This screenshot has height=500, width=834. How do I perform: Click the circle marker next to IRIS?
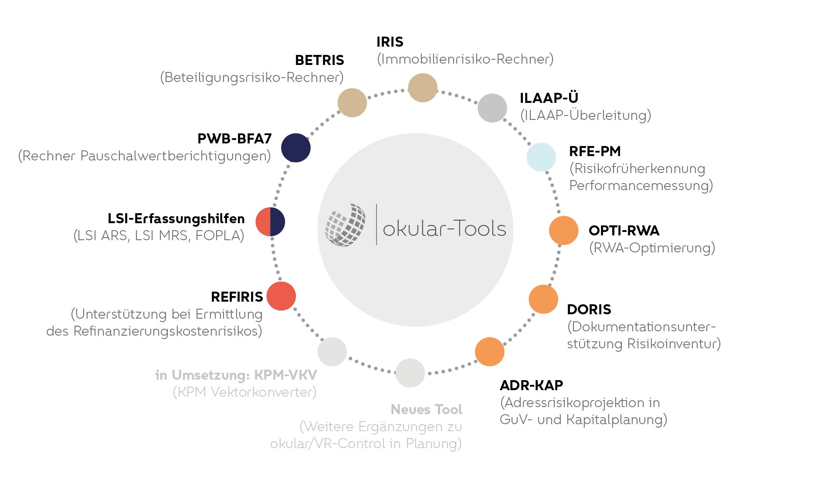pos(422,88)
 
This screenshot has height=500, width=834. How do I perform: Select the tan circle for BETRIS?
pos(352,103)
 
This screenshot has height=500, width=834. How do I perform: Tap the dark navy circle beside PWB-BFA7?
pos(295,148)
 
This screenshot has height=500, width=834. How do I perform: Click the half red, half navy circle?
pos(270,222)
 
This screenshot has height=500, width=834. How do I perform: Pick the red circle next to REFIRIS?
pos(281,296)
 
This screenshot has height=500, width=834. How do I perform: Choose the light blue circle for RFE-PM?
pos(541,157)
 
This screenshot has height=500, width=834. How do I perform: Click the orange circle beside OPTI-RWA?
pos(563,231)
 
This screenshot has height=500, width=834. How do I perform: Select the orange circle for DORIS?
pos(543,299)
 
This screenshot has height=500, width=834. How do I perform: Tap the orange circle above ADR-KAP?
pos(489,352)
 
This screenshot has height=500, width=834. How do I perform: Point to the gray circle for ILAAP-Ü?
pos(492,108)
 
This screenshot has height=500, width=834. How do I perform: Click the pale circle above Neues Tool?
pos(410,373)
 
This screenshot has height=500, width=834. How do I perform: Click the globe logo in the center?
pos(346,225)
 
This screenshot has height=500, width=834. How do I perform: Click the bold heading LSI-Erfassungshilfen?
pos(176,218)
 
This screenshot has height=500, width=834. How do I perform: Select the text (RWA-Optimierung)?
pos(652,248)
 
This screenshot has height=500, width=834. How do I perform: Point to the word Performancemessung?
pos(641,186)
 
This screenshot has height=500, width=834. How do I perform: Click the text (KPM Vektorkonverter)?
pos(244,392)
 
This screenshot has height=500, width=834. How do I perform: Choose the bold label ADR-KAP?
pos(531,385)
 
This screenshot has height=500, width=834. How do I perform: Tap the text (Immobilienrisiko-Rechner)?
pos(465,59)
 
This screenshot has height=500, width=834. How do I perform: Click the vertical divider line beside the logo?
pos(376,224)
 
